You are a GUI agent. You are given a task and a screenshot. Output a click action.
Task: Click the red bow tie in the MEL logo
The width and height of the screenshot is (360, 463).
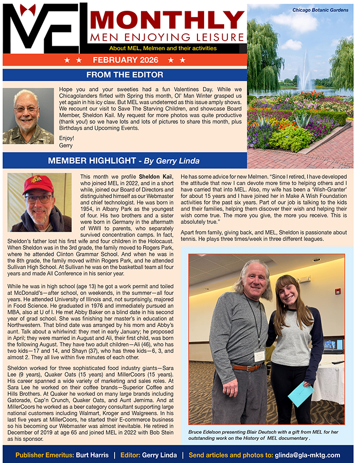pos(28,10)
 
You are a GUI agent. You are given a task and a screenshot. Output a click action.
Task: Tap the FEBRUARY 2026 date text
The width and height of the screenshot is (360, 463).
pos(125,60)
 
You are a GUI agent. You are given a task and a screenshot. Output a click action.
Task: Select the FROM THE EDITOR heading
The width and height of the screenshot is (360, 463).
pos(125,75)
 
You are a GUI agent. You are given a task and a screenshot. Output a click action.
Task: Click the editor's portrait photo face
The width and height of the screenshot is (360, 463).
pos(26,110)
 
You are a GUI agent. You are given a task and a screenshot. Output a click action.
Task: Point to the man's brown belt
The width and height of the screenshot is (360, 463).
pos(247,367)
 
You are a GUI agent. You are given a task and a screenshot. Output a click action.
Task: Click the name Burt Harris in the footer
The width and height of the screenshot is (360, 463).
pos(91,455)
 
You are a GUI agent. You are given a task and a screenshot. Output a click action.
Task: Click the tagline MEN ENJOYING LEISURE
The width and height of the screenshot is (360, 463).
pos(166,38)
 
